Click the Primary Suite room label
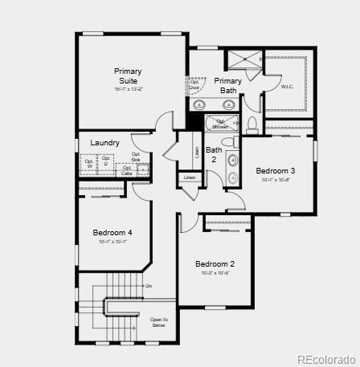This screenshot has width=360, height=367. pos(128,75)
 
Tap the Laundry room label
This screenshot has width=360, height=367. pos(104,143)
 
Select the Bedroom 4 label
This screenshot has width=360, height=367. pos(112,233)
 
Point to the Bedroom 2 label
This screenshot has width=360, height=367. pos(215,264)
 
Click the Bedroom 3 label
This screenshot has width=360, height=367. pos(276,170)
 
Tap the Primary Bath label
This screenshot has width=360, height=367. pos(227,85)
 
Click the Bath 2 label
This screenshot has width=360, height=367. pos(214,154)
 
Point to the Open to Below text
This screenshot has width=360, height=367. pos(158,322)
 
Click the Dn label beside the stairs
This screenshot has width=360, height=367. pos(148,286)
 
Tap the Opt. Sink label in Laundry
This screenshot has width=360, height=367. pos(137,158)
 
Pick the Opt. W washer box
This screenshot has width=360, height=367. pos(89,164)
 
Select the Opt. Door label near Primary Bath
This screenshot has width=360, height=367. pos(194,85)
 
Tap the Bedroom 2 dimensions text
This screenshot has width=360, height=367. pos(215,273)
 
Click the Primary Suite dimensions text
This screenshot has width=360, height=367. pos(128,89)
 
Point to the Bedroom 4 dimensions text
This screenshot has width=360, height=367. pos(112,242)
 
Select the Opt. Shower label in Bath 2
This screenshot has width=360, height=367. pos(219,124)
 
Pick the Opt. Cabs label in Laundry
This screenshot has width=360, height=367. pos(127,170)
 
